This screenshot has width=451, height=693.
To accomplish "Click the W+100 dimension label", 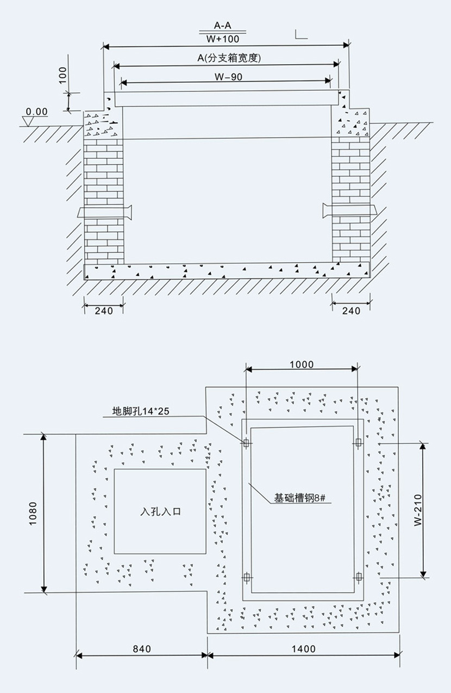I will tap(223, 39).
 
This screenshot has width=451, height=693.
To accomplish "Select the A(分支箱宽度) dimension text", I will tap(225, 58).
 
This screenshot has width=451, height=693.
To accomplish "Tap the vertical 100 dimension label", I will tap(63, 73).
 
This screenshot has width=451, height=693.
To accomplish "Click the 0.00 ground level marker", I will tap(37, 112).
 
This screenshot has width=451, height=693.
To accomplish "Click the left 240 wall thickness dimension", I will tap(103, 311).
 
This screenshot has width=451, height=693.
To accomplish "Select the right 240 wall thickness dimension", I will tap(352, 311).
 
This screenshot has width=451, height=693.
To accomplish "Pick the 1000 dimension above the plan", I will tap(301, 364).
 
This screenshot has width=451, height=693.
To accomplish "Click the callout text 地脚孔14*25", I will tap(141, 411).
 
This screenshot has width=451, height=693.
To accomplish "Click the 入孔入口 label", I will tap(160, 512).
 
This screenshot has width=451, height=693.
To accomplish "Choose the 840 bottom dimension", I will tap(141, 649).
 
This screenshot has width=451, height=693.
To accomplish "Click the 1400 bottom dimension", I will tap(303, 649).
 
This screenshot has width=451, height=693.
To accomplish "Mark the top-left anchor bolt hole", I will tap(246, 443).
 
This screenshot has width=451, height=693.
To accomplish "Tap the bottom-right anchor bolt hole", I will tap(358, 577).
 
